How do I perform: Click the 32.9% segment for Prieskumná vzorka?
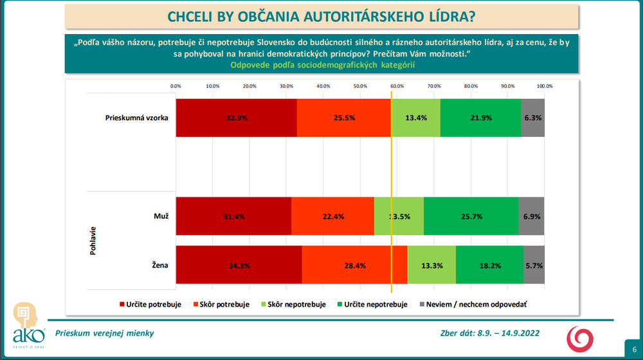(x=236, y=118)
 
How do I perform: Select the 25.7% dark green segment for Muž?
(x=471, y=217)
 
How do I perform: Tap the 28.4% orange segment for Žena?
(x=354, y=265)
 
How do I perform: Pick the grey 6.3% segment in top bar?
(x=533, y=118)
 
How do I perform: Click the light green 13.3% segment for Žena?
(x=431, y=265)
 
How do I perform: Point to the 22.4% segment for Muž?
(x=332, y=217)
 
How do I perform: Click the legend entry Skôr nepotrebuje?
(x=294, y=304)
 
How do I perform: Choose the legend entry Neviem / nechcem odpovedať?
(x=474, y=304)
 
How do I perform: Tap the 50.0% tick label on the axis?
(x=360, y=86)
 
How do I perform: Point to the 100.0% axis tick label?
(x=545, y=86)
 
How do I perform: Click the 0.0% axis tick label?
(x=176, y=86)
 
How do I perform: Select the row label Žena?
(x=160, y=264)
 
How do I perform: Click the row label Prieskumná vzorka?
(x=137, y=118)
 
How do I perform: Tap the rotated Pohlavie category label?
(x=93, y=240)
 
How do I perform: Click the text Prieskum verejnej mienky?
(x=105, y=333)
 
